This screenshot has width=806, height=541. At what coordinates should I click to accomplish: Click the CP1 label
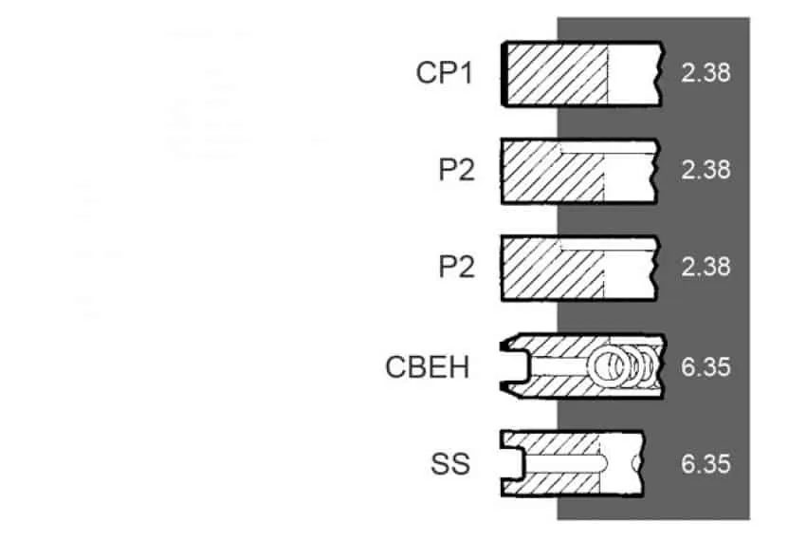(x=444, y=72)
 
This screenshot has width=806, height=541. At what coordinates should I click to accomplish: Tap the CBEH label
(x=428, y=367)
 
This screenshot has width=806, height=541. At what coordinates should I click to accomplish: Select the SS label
(x=450, y=463)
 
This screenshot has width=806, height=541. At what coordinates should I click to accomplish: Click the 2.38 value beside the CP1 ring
(x=705, y=72)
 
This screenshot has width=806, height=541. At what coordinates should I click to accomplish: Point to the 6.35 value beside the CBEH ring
(x=705, y=367)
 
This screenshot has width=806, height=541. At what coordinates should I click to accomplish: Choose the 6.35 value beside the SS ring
(x=705, y=463)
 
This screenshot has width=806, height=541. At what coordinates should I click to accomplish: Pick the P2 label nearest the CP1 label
(x=456, y=169)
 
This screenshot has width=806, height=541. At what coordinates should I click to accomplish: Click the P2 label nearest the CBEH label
(x=456, y=267)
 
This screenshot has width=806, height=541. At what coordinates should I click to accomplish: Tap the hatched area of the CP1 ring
(x=558, y=74)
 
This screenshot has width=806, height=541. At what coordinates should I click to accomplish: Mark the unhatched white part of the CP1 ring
(x=633, y=74)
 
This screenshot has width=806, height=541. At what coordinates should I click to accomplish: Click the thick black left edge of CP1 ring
(x=504, y=74)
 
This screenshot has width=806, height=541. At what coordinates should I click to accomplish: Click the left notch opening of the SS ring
(x=512, y=463)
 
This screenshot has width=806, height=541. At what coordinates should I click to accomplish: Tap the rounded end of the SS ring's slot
(x=603, y=463)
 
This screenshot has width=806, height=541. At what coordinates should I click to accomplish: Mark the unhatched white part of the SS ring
(x=620, y=463)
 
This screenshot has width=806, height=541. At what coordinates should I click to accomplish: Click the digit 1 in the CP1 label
(x=466, y=73)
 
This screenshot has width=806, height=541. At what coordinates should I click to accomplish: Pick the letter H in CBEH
(x=460, y=367)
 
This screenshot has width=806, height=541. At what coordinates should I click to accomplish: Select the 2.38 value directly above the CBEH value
(x=705, y=267)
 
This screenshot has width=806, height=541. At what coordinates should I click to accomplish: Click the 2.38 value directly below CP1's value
(x=705, y=169)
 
